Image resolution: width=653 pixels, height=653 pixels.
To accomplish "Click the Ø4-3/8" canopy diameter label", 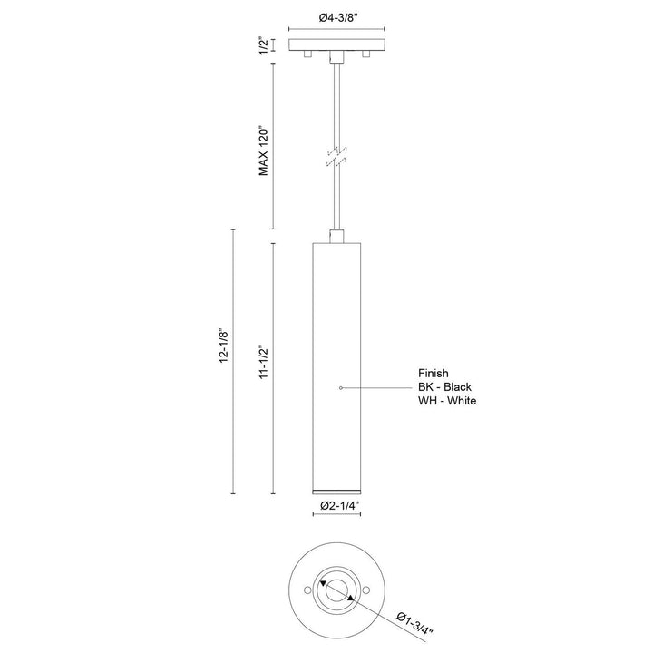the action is (x=336, y=18).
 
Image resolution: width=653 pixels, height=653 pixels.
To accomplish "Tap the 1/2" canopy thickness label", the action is (x=264, y=46).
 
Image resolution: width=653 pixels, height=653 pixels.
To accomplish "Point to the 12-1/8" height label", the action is (x=224, y=346).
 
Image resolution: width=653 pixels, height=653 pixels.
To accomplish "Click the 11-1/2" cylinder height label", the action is (x=264, y=362).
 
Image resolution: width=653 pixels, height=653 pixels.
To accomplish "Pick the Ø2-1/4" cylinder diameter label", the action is (x=340, y=505).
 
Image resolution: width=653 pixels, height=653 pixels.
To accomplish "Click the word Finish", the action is (x=434, y=373).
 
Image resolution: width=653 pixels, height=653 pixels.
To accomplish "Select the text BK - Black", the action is (x=444, y=387).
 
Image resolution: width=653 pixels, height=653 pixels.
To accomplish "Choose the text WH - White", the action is (x=447, y=401).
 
